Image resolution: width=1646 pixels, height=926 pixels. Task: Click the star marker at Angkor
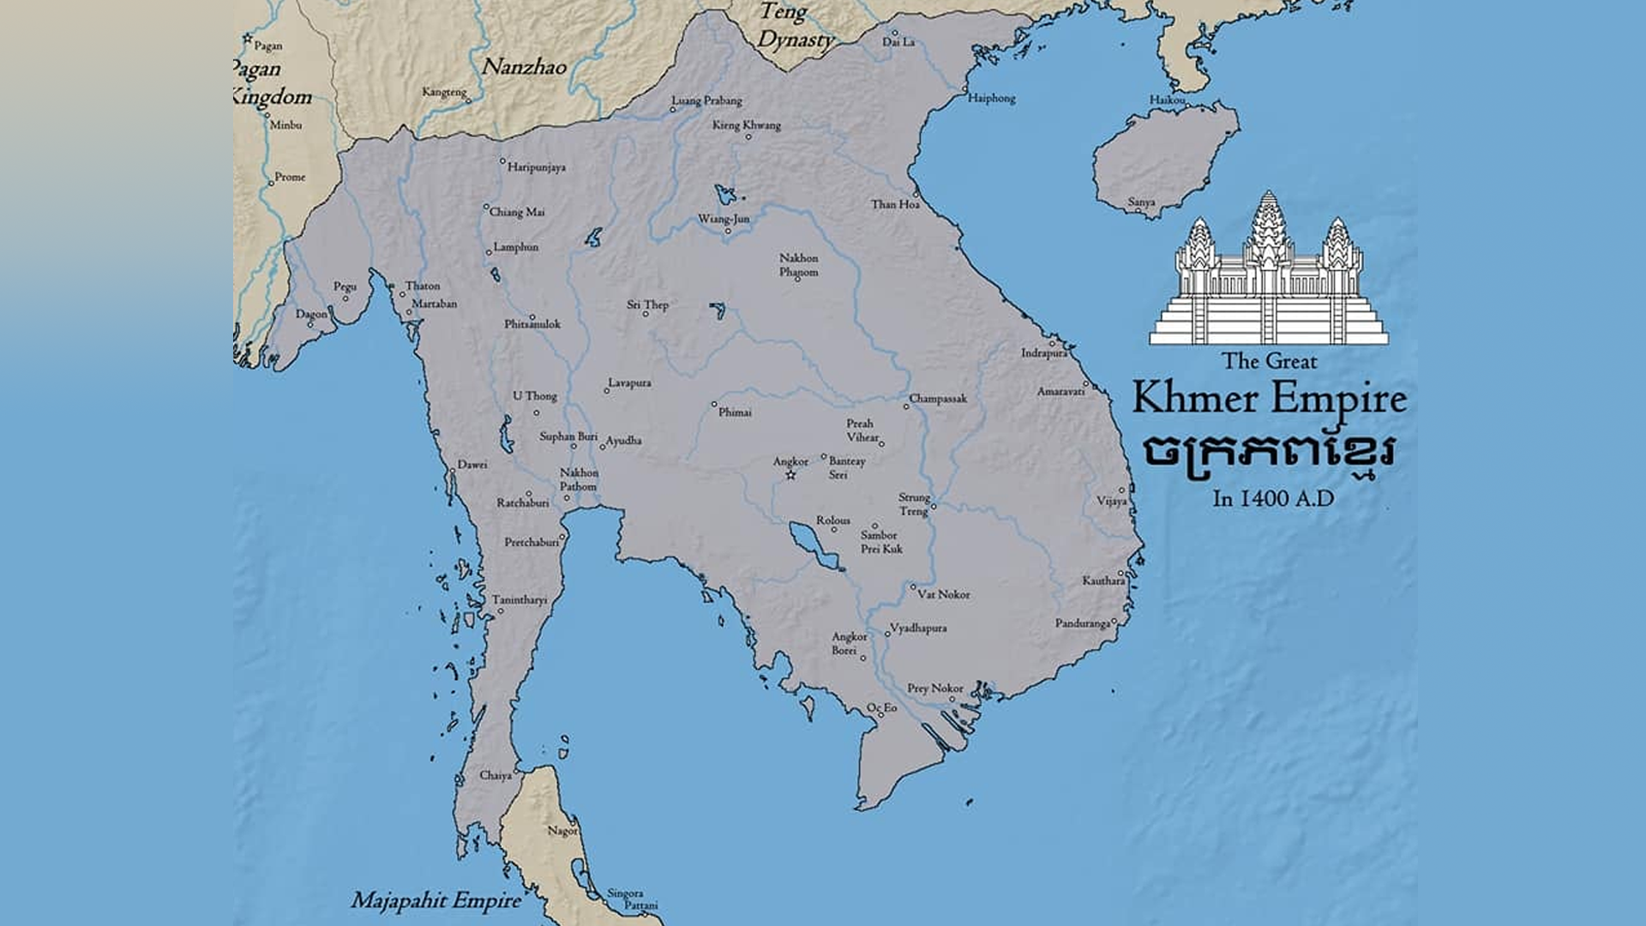pyautogui.click(x=790, y=475)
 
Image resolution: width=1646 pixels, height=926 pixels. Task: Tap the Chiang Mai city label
pyautogui.click(x=516, y=212)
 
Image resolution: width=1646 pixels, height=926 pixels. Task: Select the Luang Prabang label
pyautogui.click(x=706, y=100)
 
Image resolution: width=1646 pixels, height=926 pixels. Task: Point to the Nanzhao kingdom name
pyautogui.click(x=524, y=67)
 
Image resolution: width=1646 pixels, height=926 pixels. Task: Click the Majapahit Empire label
pyautogui.click(x=436, y=900)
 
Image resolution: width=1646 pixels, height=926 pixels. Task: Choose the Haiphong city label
pyautogui.click(x=992, y=98)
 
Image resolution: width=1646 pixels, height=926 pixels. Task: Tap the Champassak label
pyautogui.click(x=938, y=399)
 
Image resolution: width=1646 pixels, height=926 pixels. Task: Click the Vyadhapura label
pyautogui.click(x=918, y=628)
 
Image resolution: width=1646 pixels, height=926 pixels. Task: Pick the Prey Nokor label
pyautogui.click(x=935, y=688)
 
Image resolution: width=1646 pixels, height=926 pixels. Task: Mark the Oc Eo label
pyautogui.click(x=882, y=707)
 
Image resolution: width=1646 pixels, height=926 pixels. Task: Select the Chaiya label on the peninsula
pyautogui.click(x=496, y=775)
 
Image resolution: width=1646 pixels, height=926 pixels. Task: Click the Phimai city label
pyautogui.click(x=735, y=412)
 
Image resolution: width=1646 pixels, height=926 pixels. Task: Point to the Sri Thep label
pyautogui.click(x=647, y=304)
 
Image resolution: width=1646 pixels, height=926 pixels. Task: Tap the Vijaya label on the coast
pyautogui.click(x=1112, y=501)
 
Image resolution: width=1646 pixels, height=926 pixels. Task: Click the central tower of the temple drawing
pyautogui.click(x=1268, y=240)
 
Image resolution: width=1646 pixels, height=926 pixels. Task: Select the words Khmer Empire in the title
pyautogui.click(x=1269, y=399)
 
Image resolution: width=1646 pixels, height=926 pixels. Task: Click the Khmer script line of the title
pyautogui.click(x=1269, y=453)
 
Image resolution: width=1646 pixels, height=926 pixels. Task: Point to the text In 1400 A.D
pyautogui.click(x=1273, y=498)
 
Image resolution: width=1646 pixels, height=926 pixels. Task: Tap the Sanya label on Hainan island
pyautogui.click(x=1141, y=202)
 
